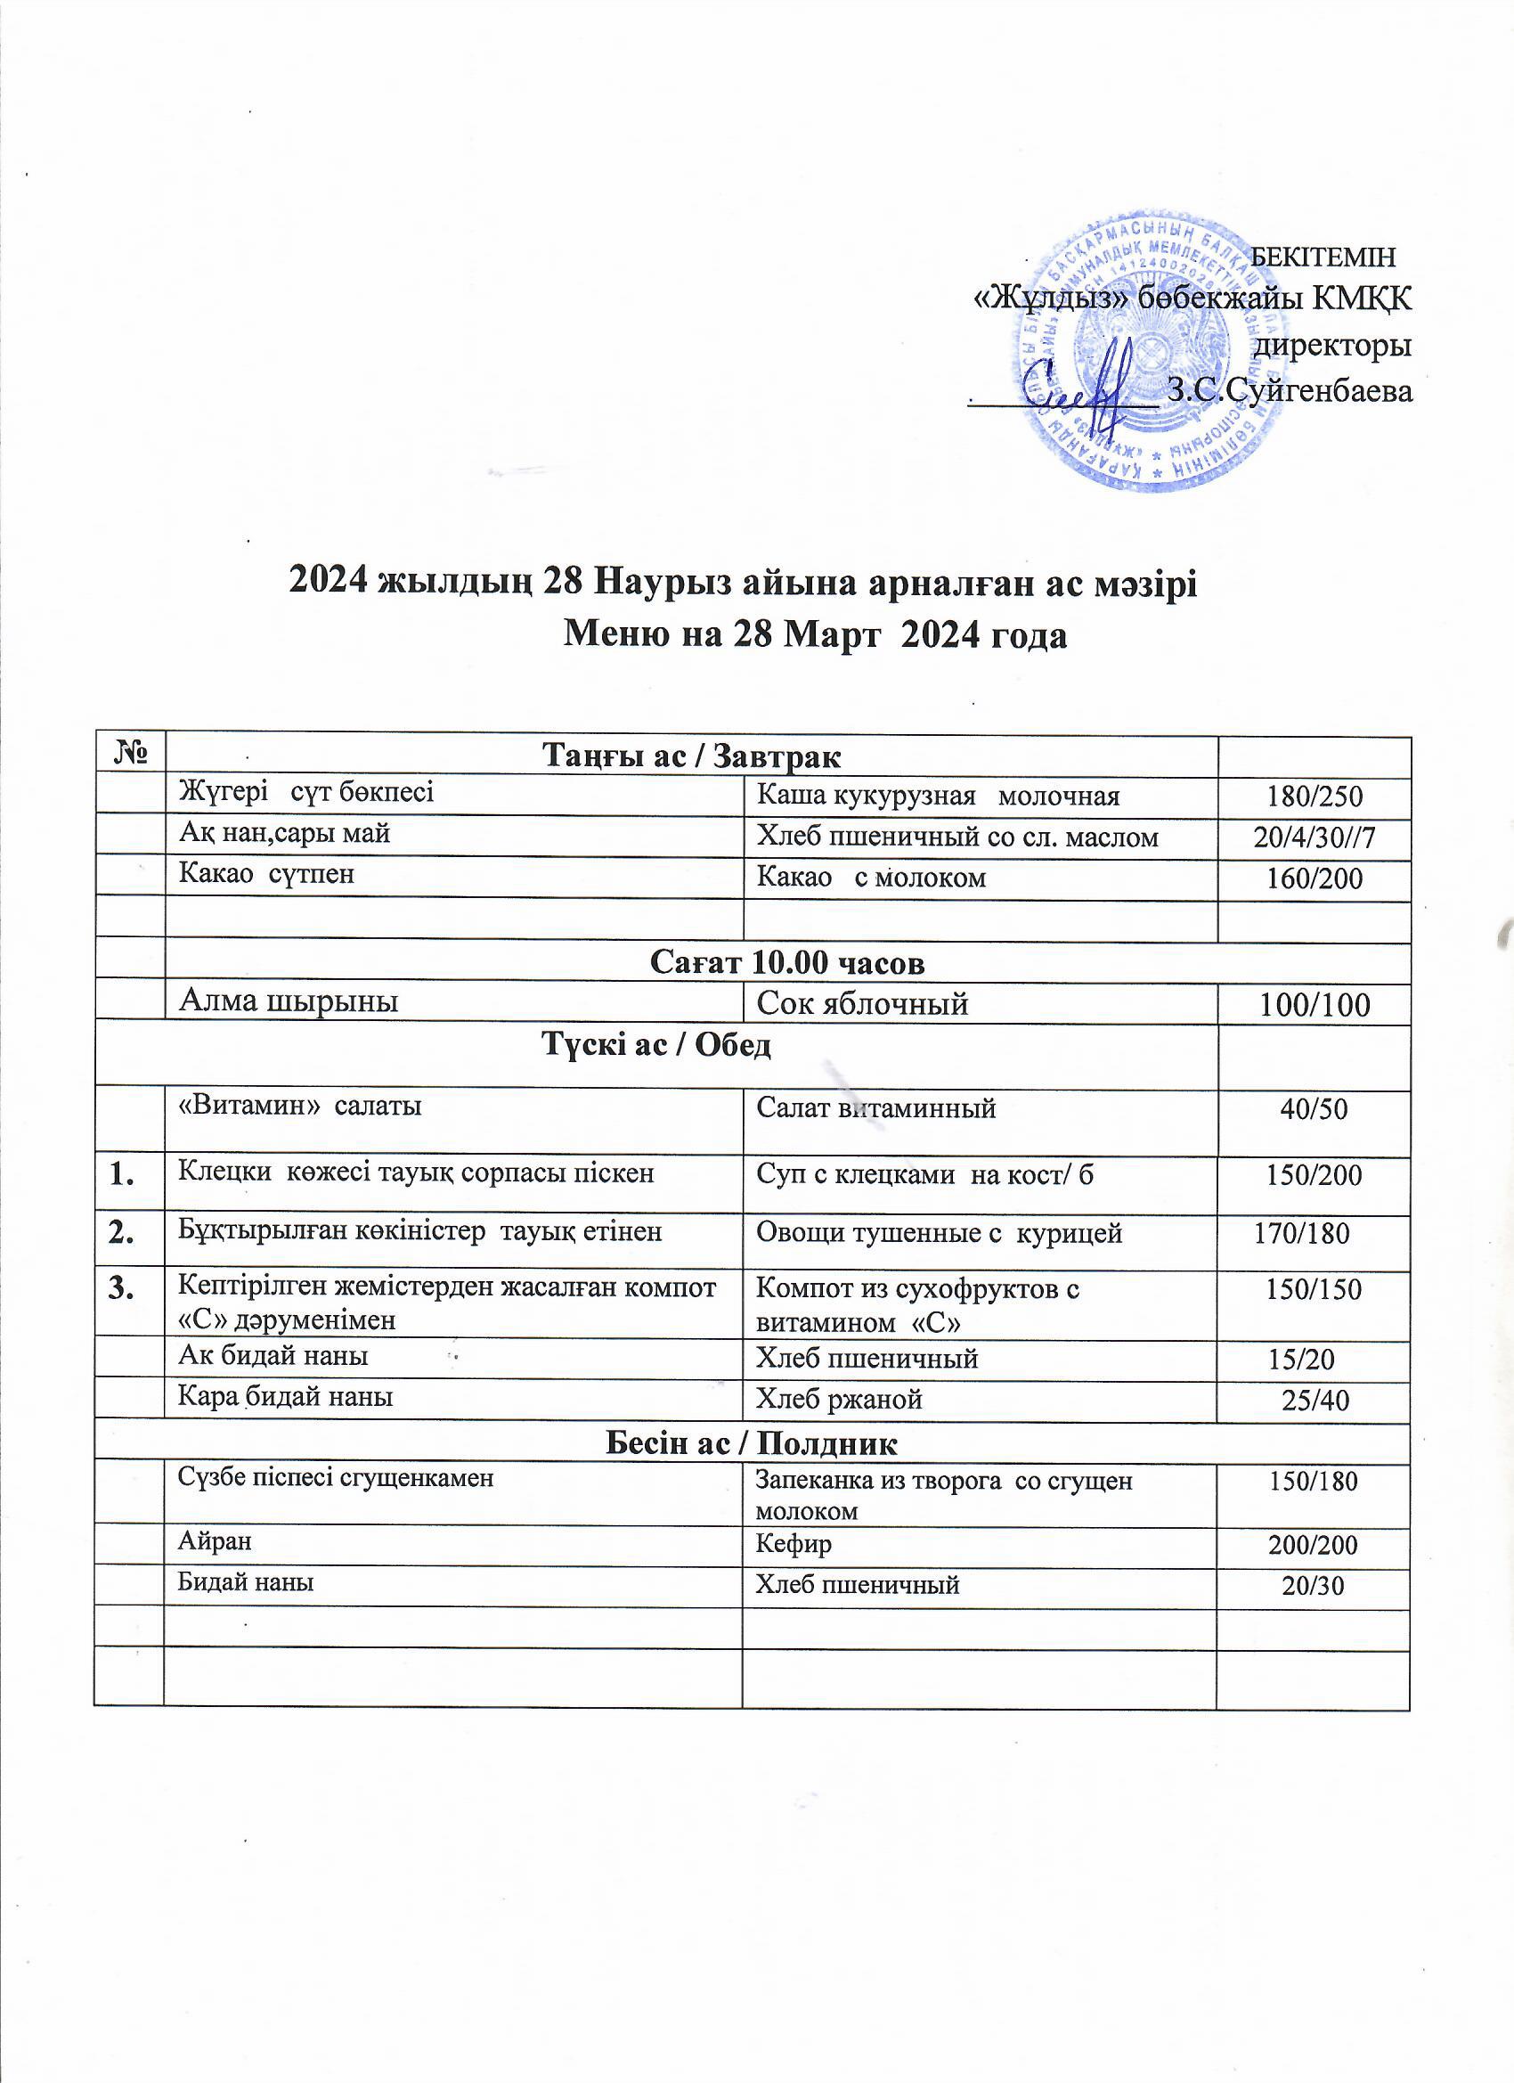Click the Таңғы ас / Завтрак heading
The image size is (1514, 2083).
click(x=692, y=756)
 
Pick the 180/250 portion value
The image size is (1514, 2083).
click(x=1314, y=796)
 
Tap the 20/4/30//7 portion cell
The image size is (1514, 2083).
click(x=1314, y=837)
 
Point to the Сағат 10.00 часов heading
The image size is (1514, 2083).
click(x=787, y=962)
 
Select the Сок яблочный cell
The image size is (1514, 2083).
click(x=862, y=1004)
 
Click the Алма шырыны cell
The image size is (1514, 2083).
click(x=289, y=1001)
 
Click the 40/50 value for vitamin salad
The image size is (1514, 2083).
click(x=1314, y=1109)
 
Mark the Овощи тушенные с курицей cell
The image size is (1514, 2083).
click(x=939, y=1233)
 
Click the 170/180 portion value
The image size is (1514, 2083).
click(x=1301, y=1233)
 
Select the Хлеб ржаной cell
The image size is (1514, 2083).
click(x=838, y=1400)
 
